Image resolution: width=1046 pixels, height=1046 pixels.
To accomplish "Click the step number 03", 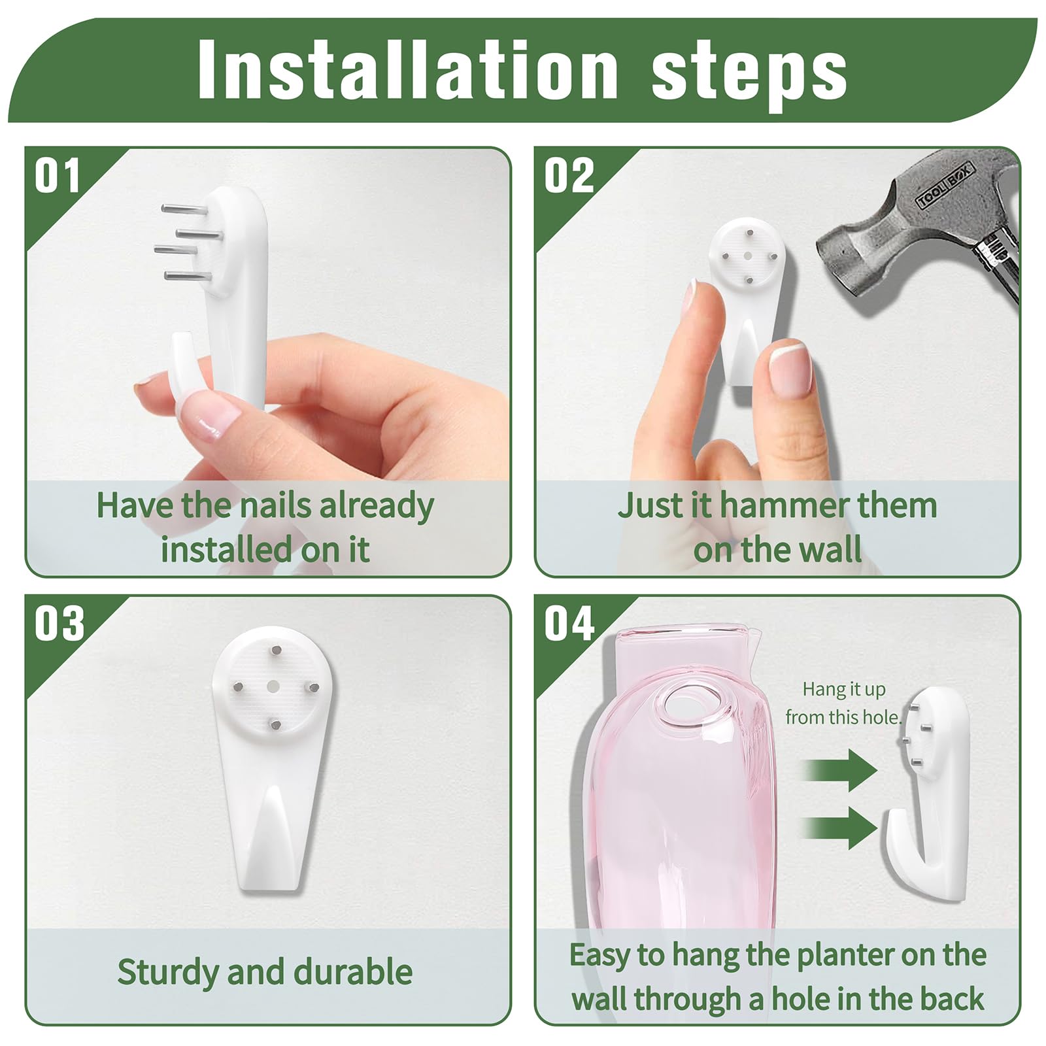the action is point(59,623).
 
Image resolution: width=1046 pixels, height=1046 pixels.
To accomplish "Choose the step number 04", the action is point(569,623).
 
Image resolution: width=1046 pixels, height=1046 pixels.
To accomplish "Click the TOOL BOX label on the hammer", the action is point(945,186).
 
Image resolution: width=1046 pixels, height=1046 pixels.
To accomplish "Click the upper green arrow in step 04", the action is point(839,770).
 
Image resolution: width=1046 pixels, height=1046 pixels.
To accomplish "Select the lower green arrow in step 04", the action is point(839,828).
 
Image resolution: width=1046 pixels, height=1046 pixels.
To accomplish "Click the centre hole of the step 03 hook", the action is point(274,686).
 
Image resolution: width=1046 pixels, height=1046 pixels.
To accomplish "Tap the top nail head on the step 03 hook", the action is point(275,650).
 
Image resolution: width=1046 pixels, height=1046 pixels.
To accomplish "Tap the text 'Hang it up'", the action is point(844,690).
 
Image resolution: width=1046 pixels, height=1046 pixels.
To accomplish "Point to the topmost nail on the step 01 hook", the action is point(184,209).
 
